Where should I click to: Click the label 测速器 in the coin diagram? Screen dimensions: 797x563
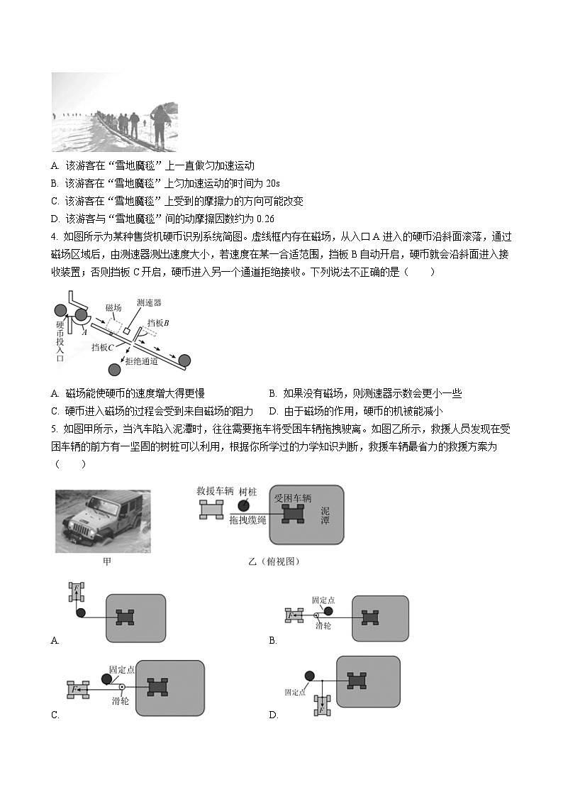[x=149, y=302]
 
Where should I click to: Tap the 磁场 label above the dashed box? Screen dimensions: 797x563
[x=113, y=307]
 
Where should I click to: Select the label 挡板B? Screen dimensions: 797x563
[x=157, y=322]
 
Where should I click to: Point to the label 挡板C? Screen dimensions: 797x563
[x=103, y=347]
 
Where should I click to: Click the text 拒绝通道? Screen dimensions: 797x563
[x=141, y=361]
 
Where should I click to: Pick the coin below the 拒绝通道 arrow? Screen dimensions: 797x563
[x=114, y=369]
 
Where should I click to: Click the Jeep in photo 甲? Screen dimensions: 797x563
[x=99, y=522]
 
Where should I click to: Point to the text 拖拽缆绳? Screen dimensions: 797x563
[x=248, y=521]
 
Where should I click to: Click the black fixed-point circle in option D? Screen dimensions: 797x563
[x=310, y=676]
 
